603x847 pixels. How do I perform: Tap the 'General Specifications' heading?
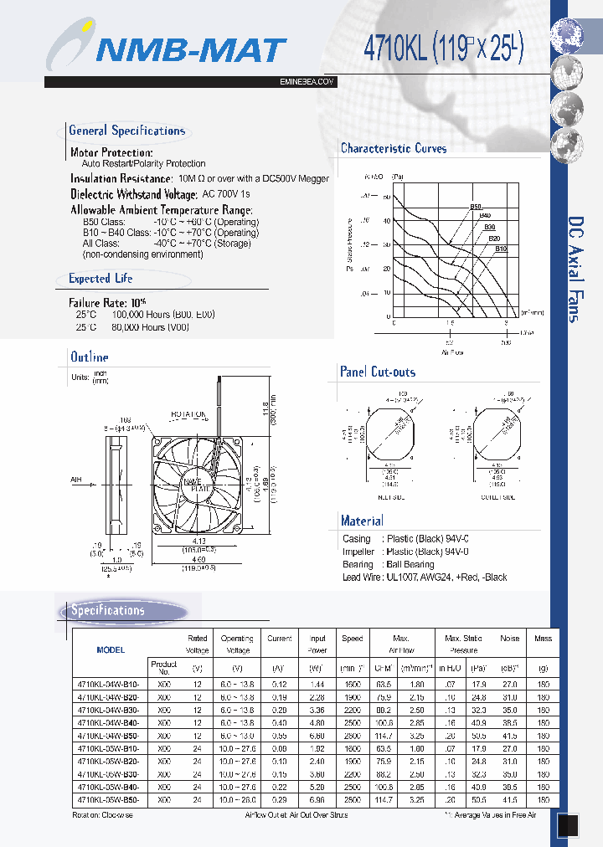click(x=126, y=131)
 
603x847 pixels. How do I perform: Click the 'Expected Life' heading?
click(x=100, y=278)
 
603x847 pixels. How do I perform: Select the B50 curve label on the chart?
click(x=476, y=206)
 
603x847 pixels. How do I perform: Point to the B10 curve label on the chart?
click(x=501, y=249)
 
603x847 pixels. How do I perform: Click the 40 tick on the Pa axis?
click(x=387, y=221)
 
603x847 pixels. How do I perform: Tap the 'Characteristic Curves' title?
click(x=394, y=148)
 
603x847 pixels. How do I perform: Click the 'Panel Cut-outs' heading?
click(x=378, y=372)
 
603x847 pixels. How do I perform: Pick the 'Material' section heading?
click(x=362, y=521)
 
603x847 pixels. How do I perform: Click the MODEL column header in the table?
click(x=111, y=649)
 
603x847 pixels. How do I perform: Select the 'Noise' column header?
click(x=509, y=639)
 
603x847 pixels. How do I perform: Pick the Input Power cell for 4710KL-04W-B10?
click(x=317, y=684)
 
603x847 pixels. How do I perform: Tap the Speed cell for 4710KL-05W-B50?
click(x=352, y=801)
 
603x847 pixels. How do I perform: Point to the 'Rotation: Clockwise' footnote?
click(x=104, y=814)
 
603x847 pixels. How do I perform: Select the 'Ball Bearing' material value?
click(x=410, y=564)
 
